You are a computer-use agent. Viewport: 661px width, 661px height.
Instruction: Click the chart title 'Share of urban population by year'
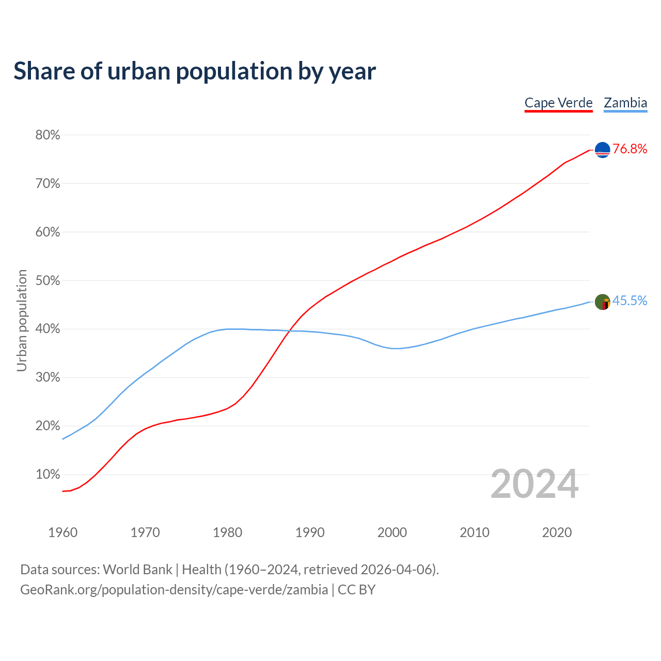click(195, 71)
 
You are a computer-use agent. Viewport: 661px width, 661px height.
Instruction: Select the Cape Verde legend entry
click(558, 103)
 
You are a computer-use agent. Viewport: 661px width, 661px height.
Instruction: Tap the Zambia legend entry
click(625, 103)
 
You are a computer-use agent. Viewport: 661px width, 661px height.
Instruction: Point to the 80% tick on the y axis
click(48, 135)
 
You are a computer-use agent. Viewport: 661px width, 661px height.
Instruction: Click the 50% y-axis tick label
click(48, 281)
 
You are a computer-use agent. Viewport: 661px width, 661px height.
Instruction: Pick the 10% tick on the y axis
click(48, 475)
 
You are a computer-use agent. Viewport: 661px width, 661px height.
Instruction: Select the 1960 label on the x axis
click(62, 532)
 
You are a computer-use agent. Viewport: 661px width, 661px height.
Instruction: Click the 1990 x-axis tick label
click(310, 532)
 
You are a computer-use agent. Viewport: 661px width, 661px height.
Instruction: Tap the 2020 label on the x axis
click(557, 532)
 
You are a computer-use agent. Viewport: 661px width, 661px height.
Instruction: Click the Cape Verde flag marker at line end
click(603, 150)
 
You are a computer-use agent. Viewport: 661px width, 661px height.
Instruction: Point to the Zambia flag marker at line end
click(603, 302)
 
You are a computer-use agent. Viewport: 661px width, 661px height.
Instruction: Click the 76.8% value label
click(630, 149)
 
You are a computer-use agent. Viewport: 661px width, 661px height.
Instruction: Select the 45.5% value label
click(630, 301)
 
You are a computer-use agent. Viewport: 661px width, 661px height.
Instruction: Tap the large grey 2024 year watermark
click(534, 484)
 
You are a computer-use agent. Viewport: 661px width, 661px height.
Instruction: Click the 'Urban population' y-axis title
click(22, 320)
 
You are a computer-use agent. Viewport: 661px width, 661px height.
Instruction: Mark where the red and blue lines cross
click(293, 331)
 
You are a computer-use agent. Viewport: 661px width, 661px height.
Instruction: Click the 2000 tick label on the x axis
click(392, 532)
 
